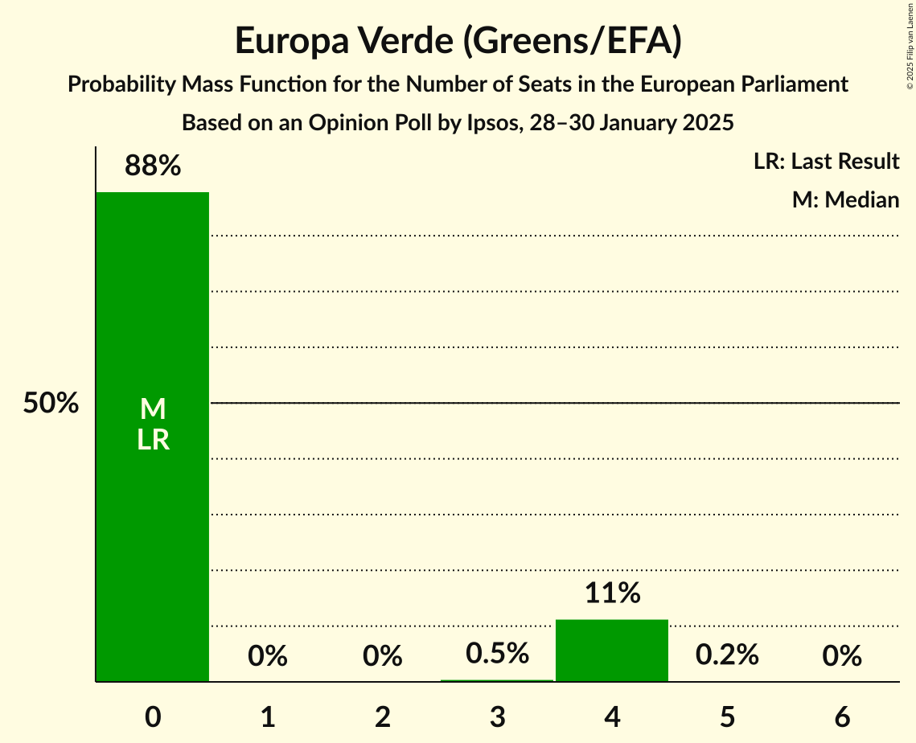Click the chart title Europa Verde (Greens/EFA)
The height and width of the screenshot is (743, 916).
(458, 40)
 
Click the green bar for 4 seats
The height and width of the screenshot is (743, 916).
(612, 651)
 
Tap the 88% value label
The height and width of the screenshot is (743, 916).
(153, 166)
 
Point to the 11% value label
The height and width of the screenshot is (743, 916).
(612, 593)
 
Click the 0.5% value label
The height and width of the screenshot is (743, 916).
(497, 654)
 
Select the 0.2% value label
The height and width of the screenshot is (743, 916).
(727, 655)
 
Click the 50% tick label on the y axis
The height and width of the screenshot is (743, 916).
(51, 404)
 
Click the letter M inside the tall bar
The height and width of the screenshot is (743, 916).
(153, 410)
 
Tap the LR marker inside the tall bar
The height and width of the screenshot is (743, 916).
(153, 441)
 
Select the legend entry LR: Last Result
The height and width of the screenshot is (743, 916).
(827, 162)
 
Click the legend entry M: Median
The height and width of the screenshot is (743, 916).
(845, 199)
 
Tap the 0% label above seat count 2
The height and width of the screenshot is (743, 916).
(383, 657)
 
